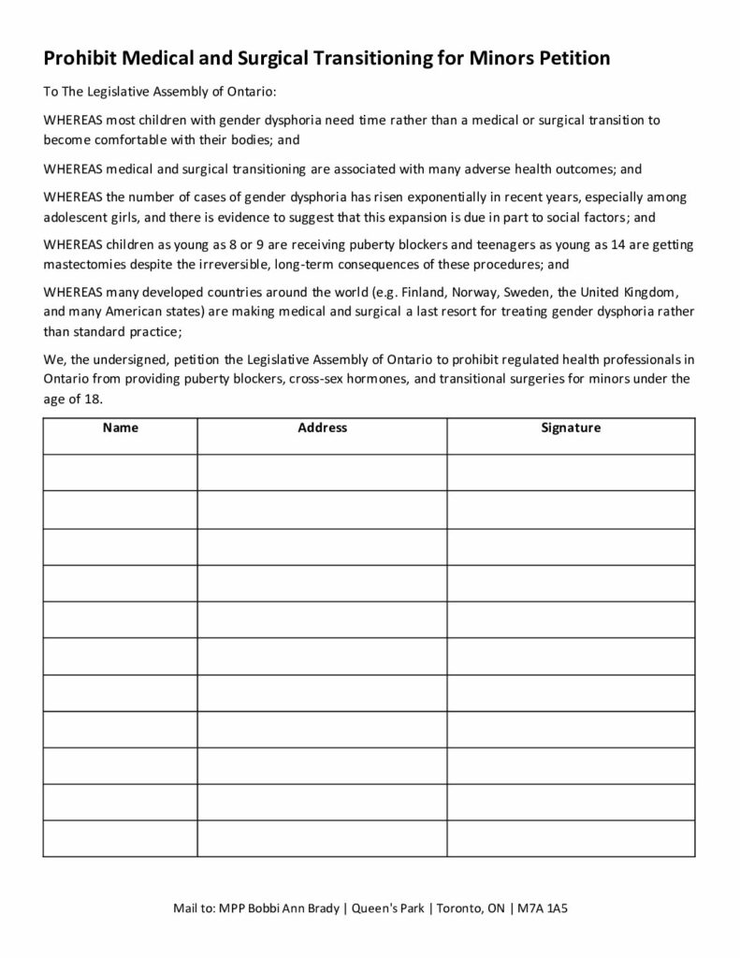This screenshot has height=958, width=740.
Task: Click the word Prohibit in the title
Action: [80, 59]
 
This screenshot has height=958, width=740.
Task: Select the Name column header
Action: [120, 428]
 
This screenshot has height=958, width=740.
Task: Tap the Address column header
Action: [322, 428]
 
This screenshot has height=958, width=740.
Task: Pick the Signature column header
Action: [571, 428]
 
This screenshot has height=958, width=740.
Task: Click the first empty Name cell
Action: [120, 472]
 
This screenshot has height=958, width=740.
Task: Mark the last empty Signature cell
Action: [571, 838]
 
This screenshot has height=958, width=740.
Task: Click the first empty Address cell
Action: [322, 472]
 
